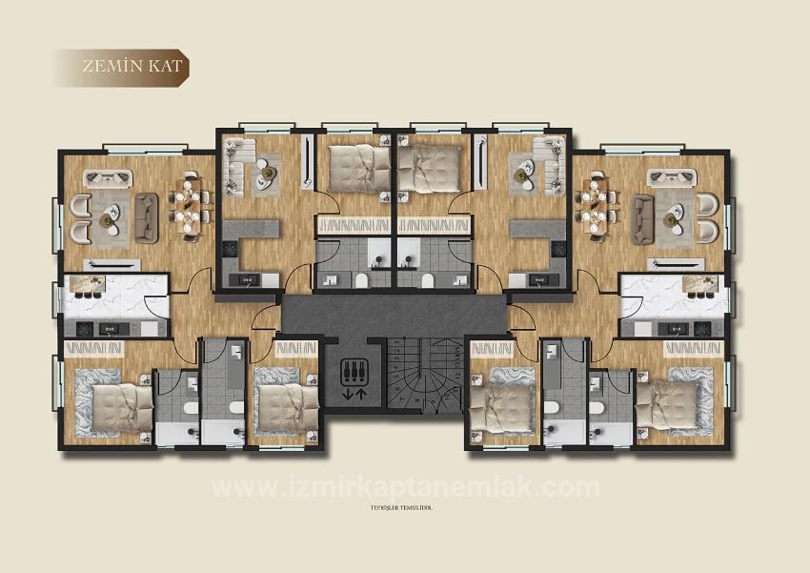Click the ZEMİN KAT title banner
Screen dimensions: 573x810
coord(122,68)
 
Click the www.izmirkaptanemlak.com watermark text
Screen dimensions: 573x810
coord(405,488)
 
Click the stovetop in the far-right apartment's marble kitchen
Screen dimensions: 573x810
coord(702,329)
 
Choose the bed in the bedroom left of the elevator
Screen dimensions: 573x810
coord(284,405)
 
